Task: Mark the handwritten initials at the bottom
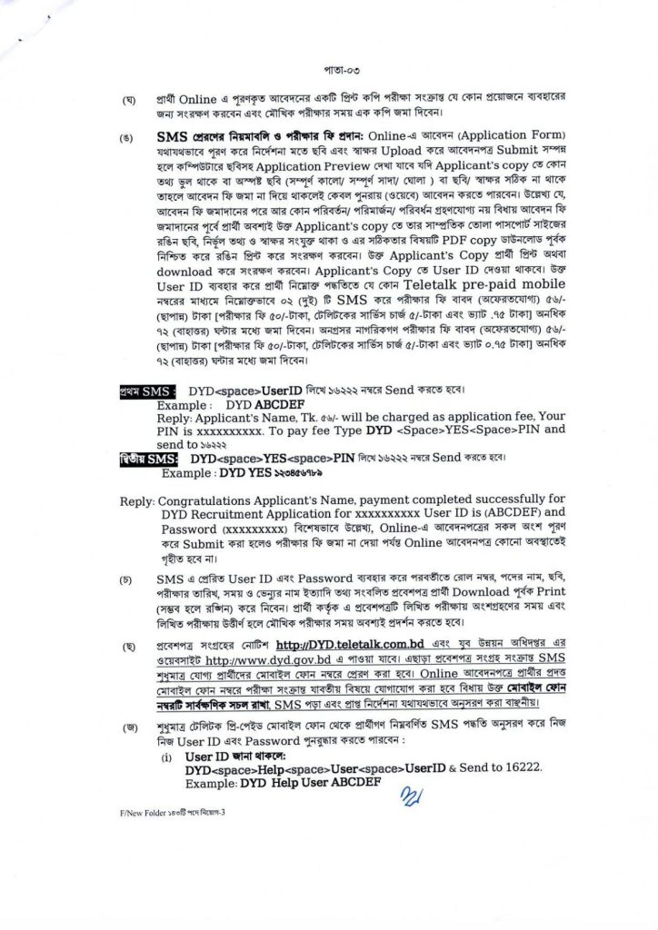[390, 797]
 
